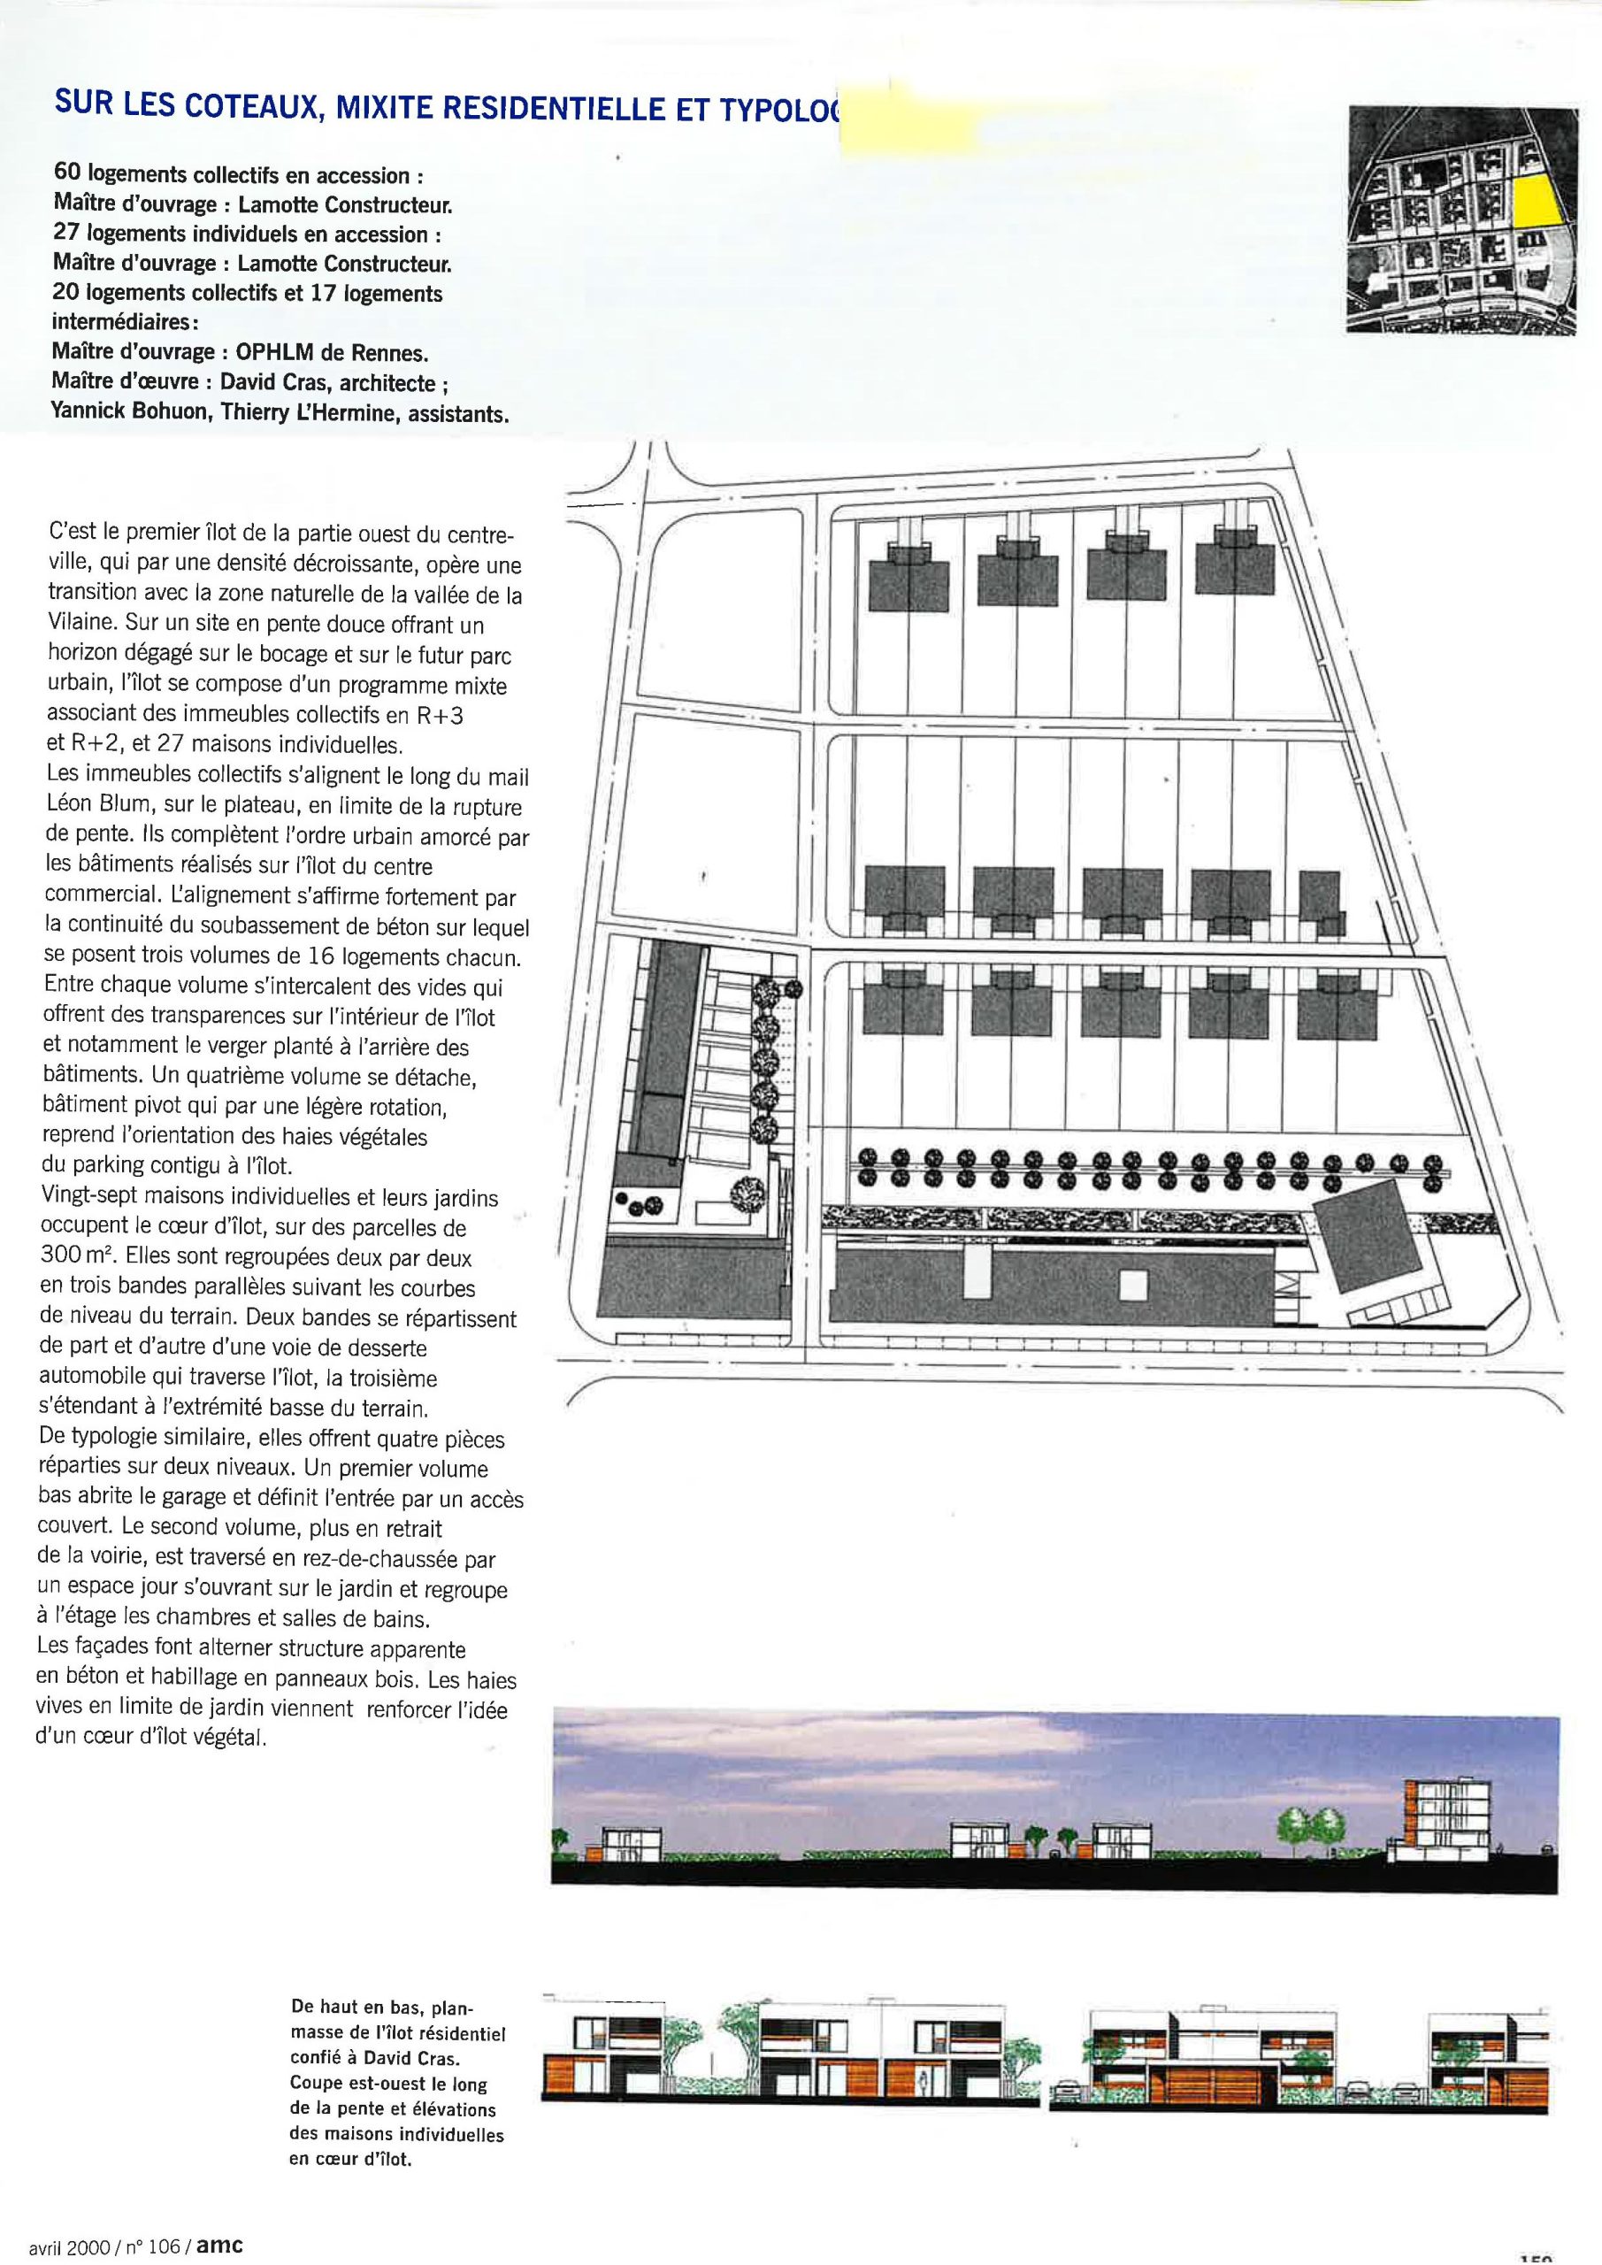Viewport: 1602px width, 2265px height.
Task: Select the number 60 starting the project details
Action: pos(71,174)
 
